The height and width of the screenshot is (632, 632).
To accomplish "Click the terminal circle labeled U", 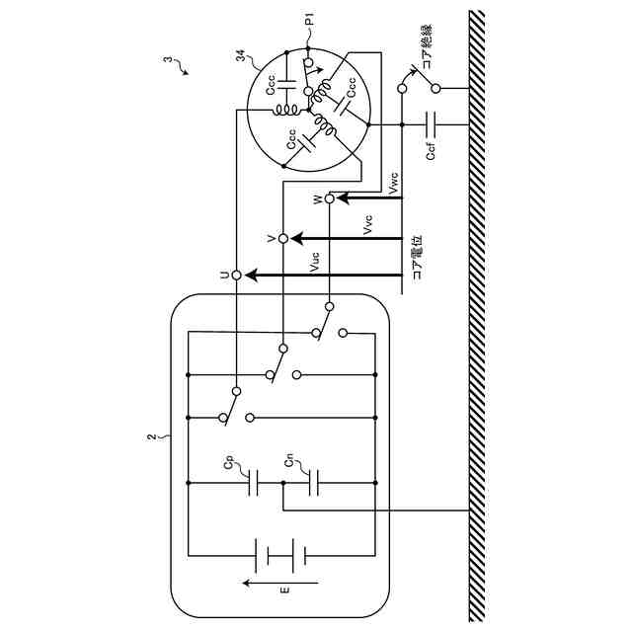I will (x=236, y=276).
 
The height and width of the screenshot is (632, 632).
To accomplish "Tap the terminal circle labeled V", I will (x=282, y=239).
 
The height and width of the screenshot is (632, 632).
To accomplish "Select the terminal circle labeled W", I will (x=330, y=198).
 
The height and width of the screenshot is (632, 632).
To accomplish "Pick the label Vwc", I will (x=393, y=183).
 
